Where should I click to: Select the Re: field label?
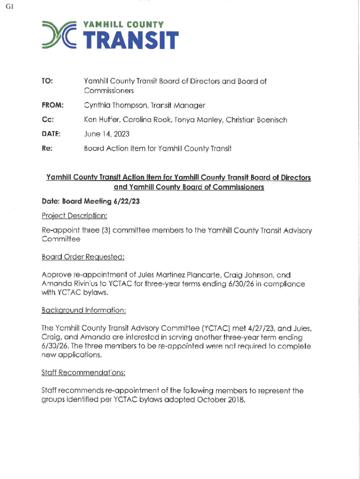tap(46, 149)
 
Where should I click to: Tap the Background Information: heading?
tap(84, 310)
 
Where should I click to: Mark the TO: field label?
tap(47, 81)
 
